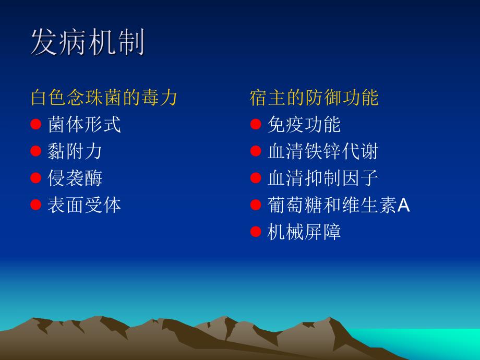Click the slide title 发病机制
[x=87, y=42]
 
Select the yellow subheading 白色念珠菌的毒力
[x=104, y=98]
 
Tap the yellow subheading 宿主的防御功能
[x=314, y=98]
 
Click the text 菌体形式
[x=84, y=124]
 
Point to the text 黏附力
[x=75, y=151]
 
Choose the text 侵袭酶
[x=75, y=178]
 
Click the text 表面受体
[x=84, y=205]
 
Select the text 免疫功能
[x=304, y=124]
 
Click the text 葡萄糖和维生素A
[x=338, y=206]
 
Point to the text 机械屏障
[x=304, y=232]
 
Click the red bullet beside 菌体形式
[x=35, y=124]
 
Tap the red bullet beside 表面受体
[x=35, y=205]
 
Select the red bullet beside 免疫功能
[x=255, y=124]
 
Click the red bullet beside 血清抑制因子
[x=255, y=178]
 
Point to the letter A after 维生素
[x=403, y=206]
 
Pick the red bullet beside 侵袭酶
[x=35, y=178]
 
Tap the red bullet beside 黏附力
[x=35, y=151]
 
